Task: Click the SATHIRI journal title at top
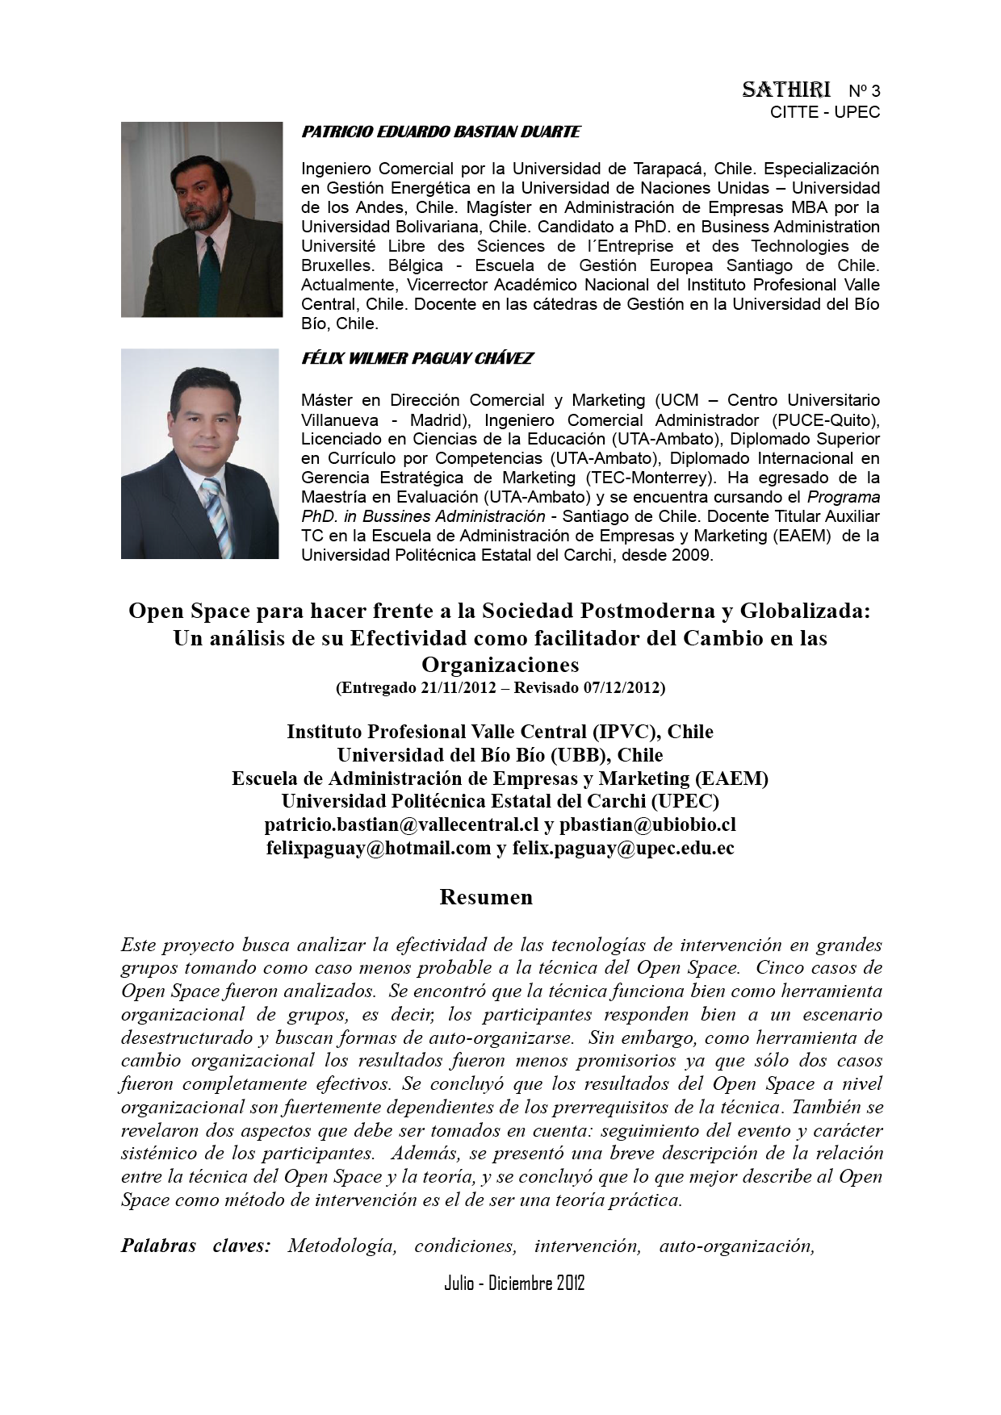click(786, 90)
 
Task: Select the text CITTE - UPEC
click(824, 112)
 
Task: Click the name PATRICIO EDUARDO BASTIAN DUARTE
click(440, 131)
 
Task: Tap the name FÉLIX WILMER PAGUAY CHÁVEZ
click(417, 358)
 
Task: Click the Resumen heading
click(486, 897)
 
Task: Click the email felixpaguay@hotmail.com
click(379, 848)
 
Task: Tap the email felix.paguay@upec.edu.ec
click(623, 848)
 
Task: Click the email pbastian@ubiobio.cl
click(647, 824)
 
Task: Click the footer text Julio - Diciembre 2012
click(514, 1283)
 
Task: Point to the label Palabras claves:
click(195, 1246)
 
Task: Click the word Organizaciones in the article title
click(500, 665)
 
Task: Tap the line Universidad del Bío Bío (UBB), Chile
click(500, 755)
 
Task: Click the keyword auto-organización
click(736, 1246)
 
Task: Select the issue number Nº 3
click(864, 90)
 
